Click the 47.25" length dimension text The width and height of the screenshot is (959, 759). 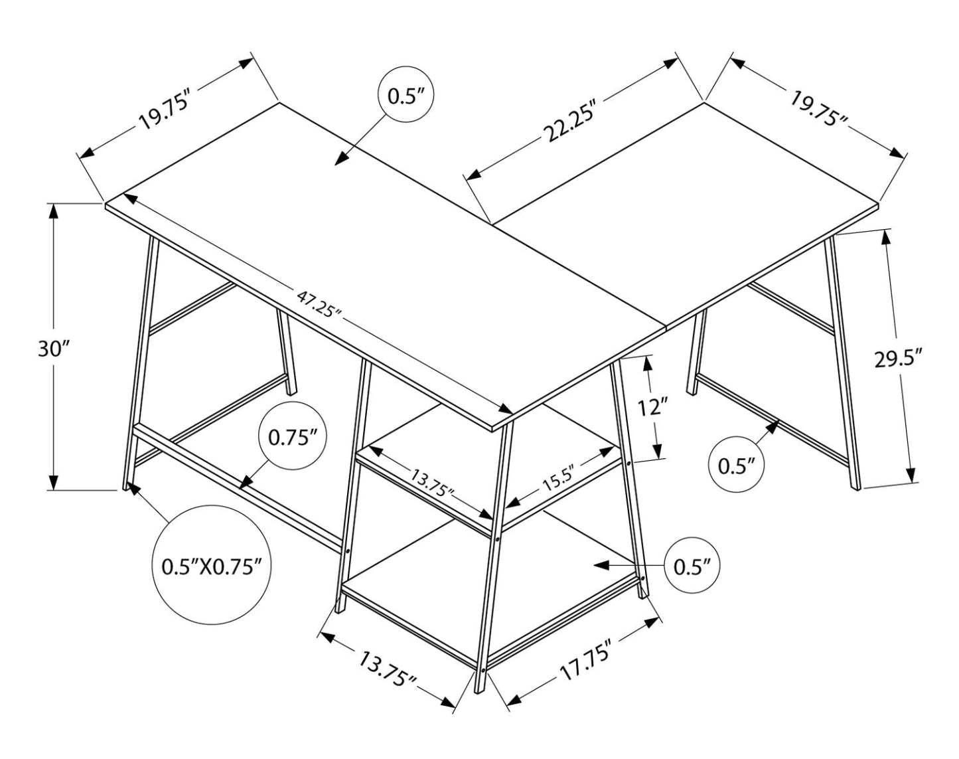pos(319,305)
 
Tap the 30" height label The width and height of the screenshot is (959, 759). pos(53,348)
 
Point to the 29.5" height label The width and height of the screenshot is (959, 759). pos(899,359)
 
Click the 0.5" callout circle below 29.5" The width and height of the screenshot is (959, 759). pos(737,465)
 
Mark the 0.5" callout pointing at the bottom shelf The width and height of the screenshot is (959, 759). pos(692,566)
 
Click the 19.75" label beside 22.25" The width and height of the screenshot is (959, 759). pos(819,108)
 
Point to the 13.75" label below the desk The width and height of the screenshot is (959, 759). pos(388,669)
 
